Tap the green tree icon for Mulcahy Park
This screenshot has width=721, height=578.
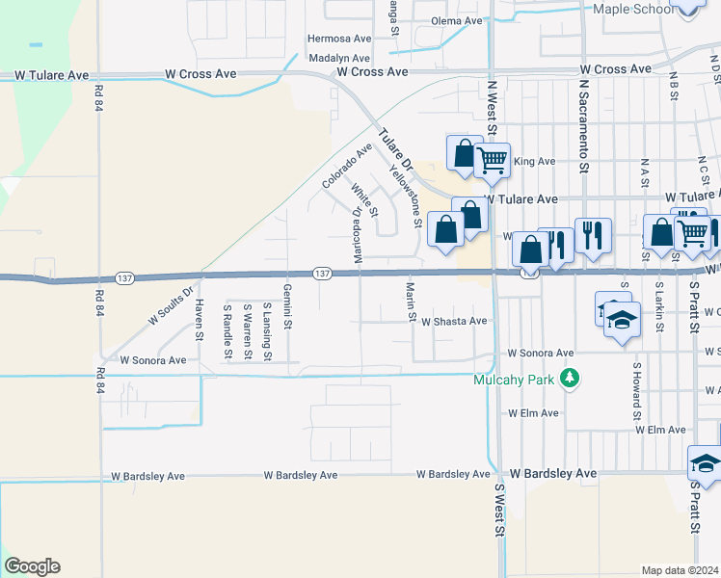(572, 379)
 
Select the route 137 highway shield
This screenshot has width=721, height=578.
(322, 275)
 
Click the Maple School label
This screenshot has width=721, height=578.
(633, 9)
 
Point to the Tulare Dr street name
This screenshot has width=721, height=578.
(394, 149)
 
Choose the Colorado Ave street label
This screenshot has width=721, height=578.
(347, 166)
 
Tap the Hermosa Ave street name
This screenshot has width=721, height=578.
(339, 39)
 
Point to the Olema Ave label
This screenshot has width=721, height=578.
(456, 21)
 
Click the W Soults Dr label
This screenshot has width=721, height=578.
(172, 303)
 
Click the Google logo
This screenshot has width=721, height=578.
(32, 566)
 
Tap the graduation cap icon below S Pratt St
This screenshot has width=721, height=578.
(705, 463)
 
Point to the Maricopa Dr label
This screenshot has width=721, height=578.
(357, 235)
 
